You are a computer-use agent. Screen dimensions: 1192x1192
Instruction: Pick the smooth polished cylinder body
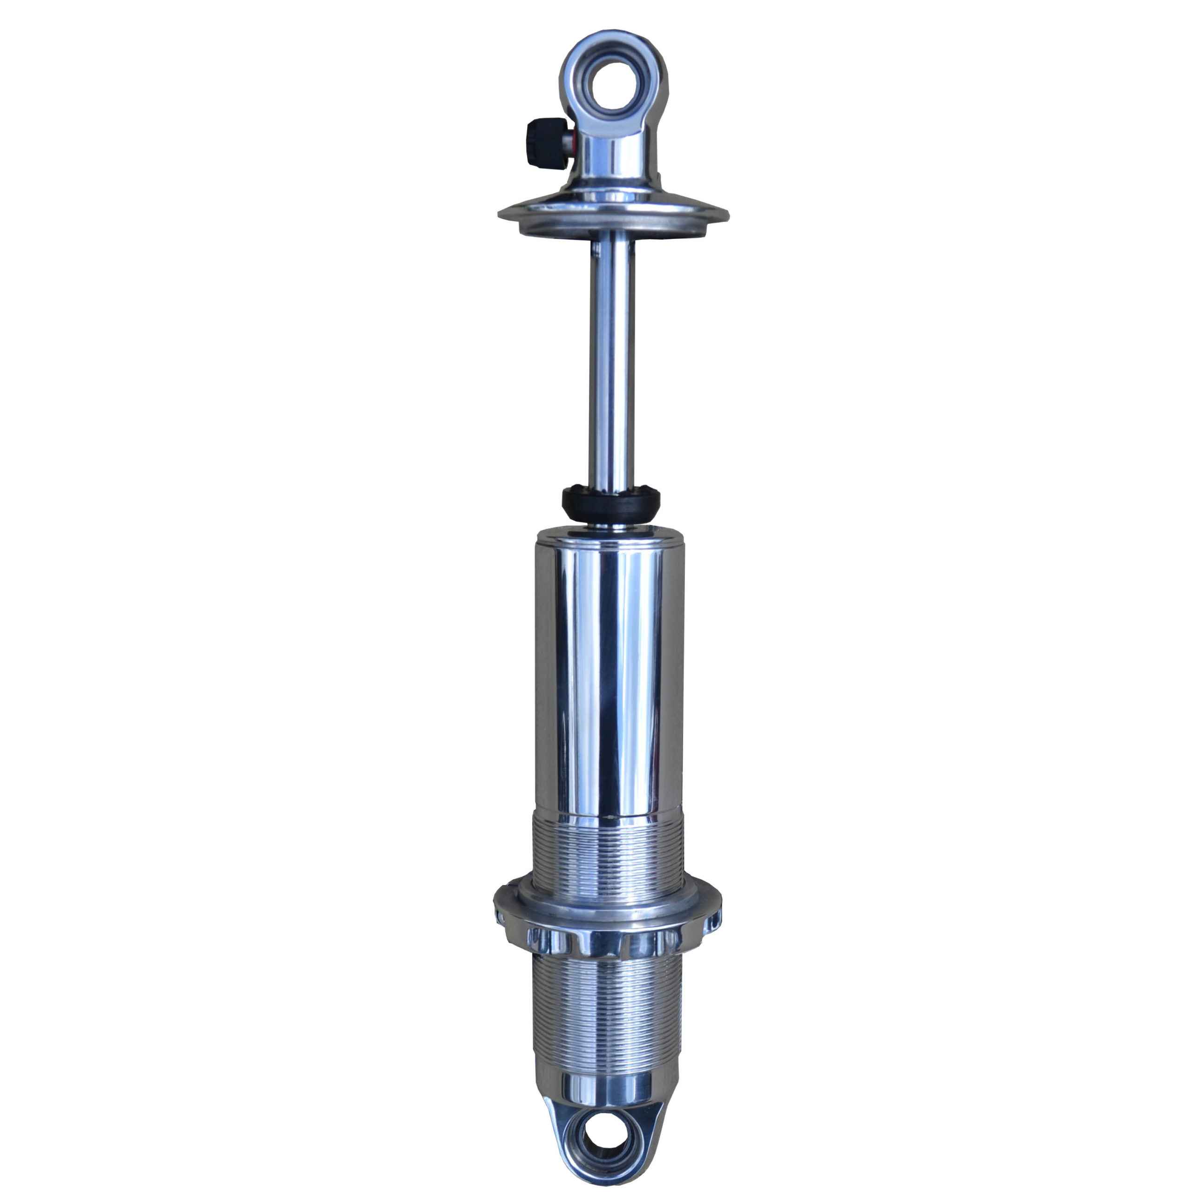[610, 672]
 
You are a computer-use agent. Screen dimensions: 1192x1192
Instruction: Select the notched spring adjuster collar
[607, 926]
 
